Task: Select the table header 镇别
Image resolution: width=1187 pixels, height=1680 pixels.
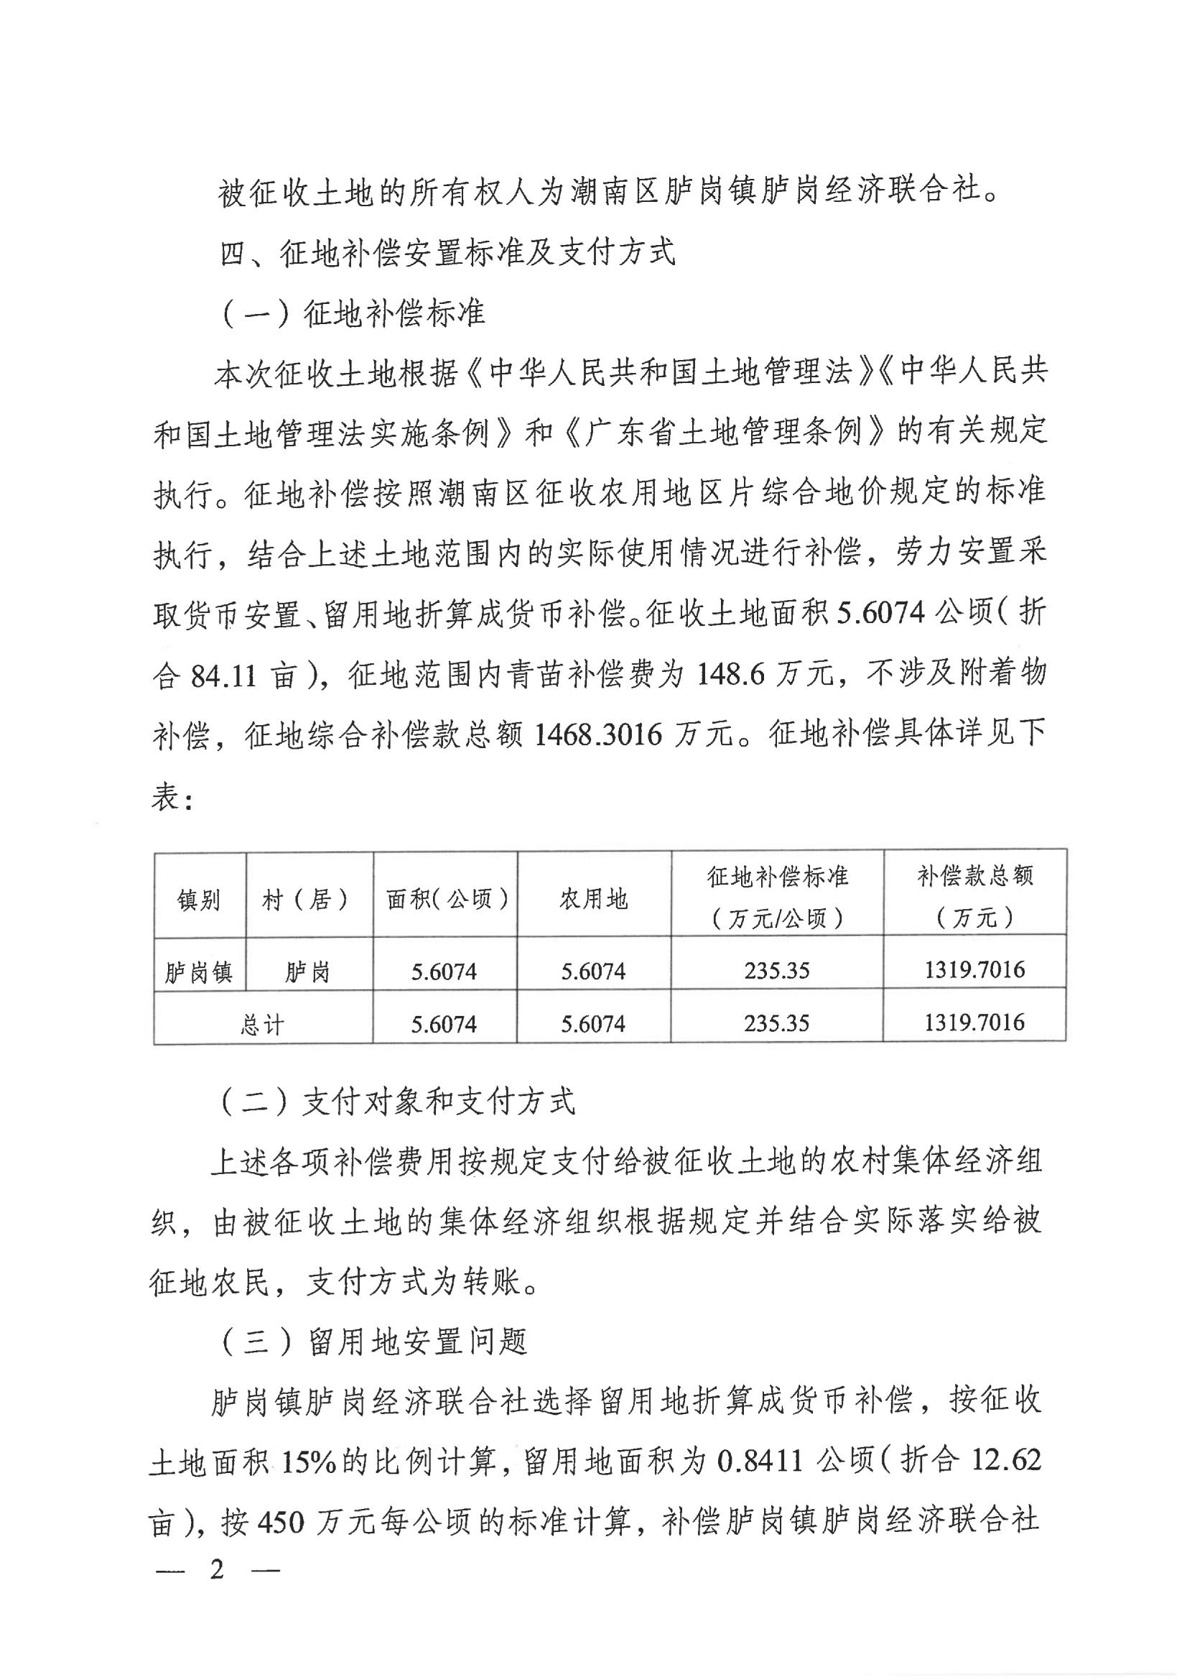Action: click(199, 899)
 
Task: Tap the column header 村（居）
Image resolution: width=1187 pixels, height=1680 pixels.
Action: click(306, 899)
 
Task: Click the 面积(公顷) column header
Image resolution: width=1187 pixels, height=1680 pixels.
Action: click(446, 899)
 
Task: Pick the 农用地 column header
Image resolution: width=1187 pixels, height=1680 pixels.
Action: click(593, 899)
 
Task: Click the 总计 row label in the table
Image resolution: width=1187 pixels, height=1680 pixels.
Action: click(262, 1025)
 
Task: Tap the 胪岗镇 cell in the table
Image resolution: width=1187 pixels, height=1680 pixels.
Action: click(199, 973)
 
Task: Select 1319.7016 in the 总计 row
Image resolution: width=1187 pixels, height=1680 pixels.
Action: click(974, 1023)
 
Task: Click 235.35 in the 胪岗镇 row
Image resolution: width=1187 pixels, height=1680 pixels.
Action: click(777, 971)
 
